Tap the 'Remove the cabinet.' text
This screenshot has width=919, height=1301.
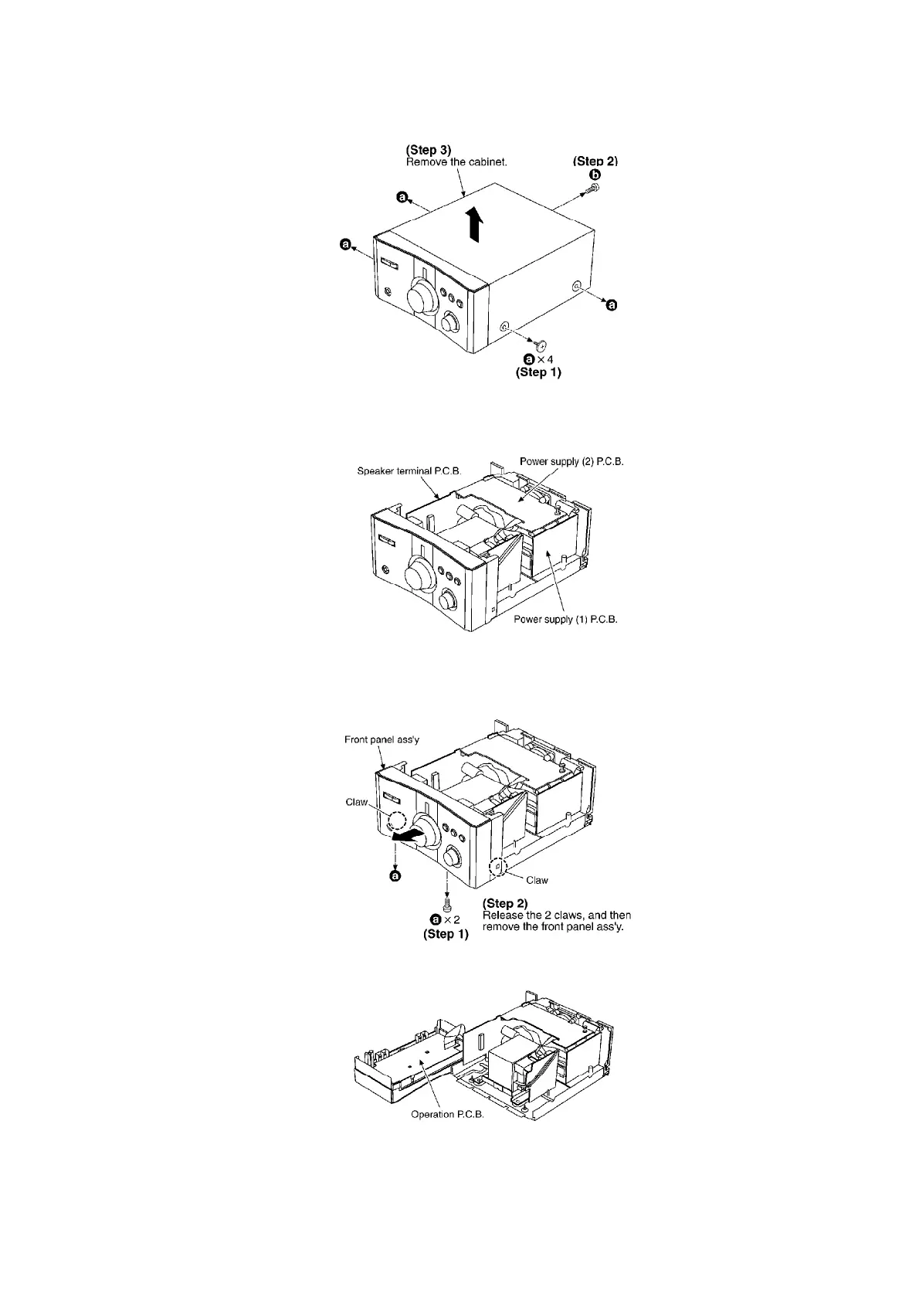[456, 162]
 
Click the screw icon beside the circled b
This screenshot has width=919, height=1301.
[595, 188]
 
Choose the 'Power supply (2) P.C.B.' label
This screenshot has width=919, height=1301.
[571, 461]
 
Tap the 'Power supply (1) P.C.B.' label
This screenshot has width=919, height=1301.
[566, 619]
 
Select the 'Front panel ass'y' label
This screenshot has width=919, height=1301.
[382, 739]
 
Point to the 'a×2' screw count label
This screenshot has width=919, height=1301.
[446, 919]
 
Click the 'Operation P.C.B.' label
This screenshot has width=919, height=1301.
[447, 1115]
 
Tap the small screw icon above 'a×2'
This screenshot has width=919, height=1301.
[446, 903]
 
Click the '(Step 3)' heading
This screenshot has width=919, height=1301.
[429, 149]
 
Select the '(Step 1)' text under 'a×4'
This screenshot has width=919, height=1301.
[538, 372]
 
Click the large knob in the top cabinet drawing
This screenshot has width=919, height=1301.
[422, 296]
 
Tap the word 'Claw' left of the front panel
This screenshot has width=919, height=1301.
[356, 802]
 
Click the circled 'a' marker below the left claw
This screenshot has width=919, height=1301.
[395, 876]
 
